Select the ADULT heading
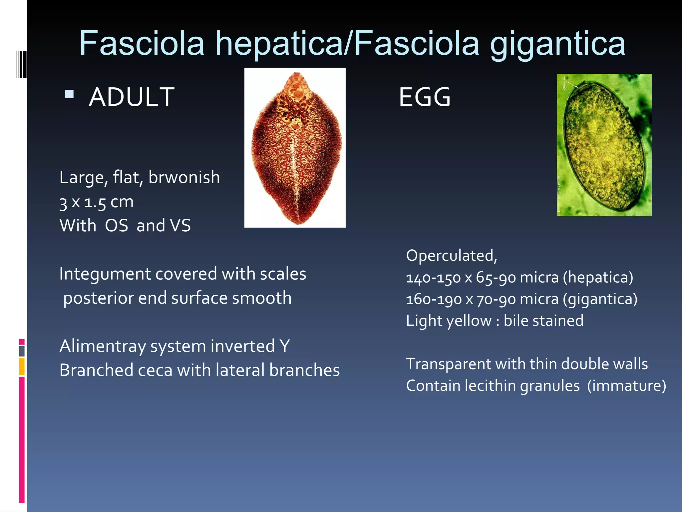point(132,97)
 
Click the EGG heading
point(425,97)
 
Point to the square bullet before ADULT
point(69,94)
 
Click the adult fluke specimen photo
point(295,148)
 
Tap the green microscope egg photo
point(604,145)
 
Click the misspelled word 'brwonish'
point(184,177)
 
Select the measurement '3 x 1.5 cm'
point(96,202)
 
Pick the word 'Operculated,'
point(452,256)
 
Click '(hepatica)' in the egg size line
point(598,277)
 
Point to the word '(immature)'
point(626,386)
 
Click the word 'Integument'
point(105,274)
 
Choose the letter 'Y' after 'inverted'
point(284,346)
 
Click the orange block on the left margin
point(22,366)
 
